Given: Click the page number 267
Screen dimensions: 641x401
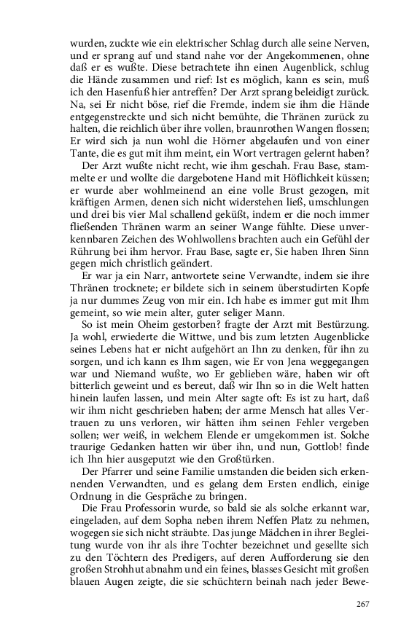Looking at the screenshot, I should (x=363, y=603).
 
